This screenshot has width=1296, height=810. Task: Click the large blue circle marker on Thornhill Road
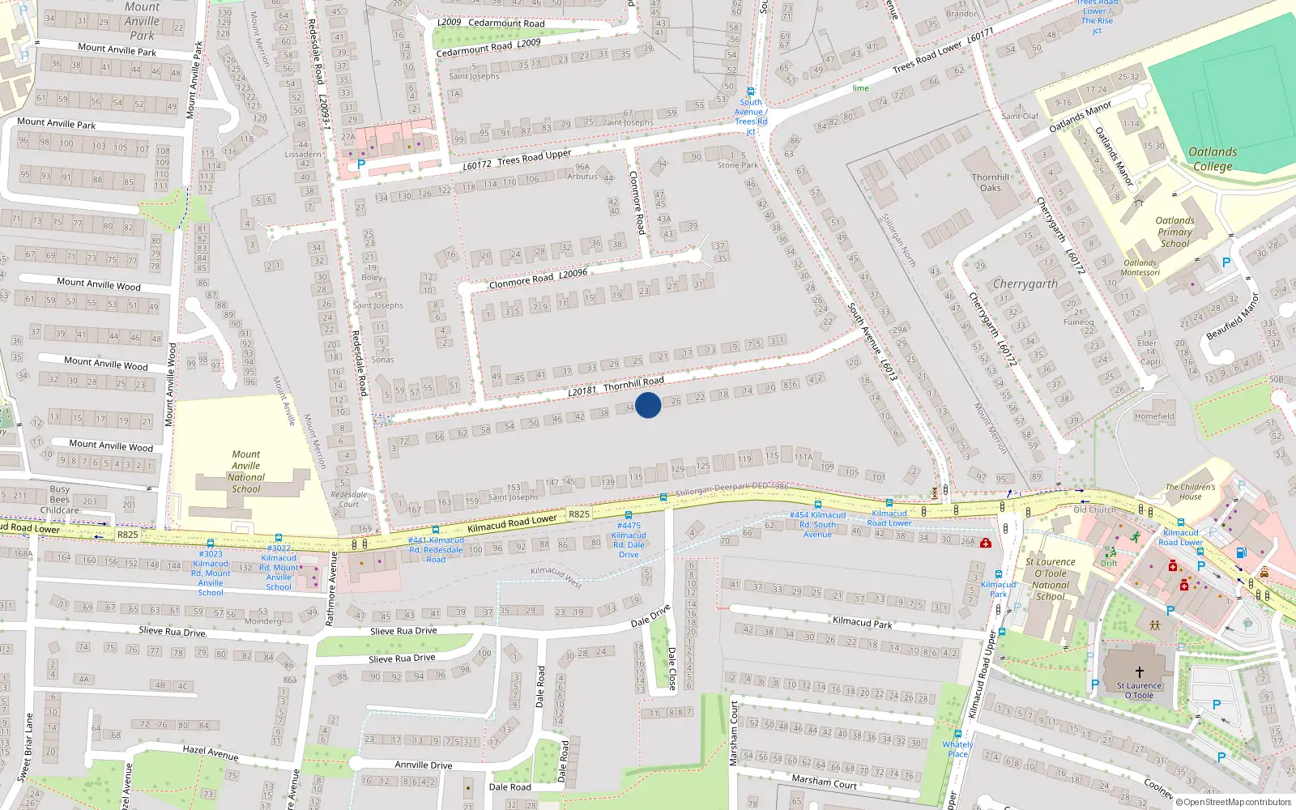click(x=648, y=404)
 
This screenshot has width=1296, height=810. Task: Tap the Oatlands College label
click(x=1212, y=159)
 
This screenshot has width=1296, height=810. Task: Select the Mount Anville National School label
click(x=246, y=471)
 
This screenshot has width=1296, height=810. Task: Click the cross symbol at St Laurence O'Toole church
click(x=1139, y=671)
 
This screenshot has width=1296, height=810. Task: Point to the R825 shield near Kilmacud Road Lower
click(x=579, y=514)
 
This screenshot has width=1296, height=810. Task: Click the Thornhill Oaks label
click(x=991, y=182)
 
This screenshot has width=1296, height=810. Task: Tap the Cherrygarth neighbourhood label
click(x=1025, y=283)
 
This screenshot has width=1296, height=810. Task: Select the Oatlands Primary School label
click(x=1174, y=232)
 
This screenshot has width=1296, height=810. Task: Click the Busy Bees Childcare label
click(x=60, y=500)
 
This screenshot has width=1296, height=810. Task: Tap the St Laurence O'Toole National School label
click(x=1051, y=579)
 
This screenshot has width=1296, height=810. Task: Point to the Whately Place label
click(x=957, y=748)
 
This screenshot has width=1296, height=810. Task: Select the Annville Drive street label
click(x=423, y=765)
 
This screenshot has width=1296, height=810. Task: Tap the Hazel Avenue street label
click(x=211, y=752)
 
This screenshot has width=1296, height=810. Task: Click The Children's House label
click(x=1190, y=492)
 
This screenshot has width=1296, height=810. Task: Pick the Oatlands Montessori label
click(x=1140, y=267)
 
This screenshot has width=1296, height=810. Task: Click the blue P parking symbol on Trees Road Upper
click(x=361, y=164)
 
